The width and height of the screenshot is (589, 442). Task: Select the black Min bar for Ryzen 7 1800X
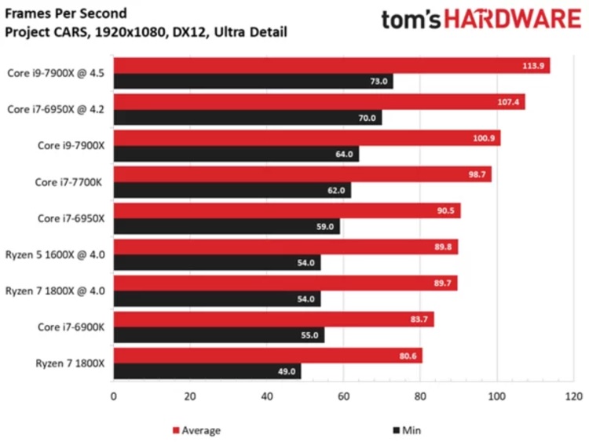207,371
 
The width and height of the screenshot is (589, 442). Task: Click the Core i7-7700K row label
73,182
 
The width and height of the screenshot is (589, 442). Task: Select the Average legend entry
196,430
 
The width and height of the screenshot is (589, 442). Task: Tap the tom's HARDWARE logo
481,20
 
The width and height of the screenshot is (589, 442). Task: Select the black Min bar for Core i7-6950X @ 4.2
247,118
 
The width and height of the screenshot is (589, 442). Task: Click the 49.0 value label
287,371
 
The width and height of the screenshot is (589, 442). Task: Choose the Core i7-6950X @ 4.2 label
57,110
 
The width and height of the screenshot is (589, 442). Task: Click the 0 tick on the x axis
114,397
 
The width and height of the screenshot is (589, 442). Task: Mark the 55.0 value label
310,335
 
